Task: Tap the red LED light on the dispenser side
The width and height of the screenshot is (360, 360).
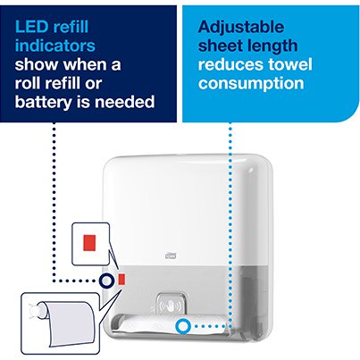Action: [121, 280]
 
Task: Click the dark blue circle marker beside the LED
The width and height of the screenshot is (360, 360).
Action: [105, 280]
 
